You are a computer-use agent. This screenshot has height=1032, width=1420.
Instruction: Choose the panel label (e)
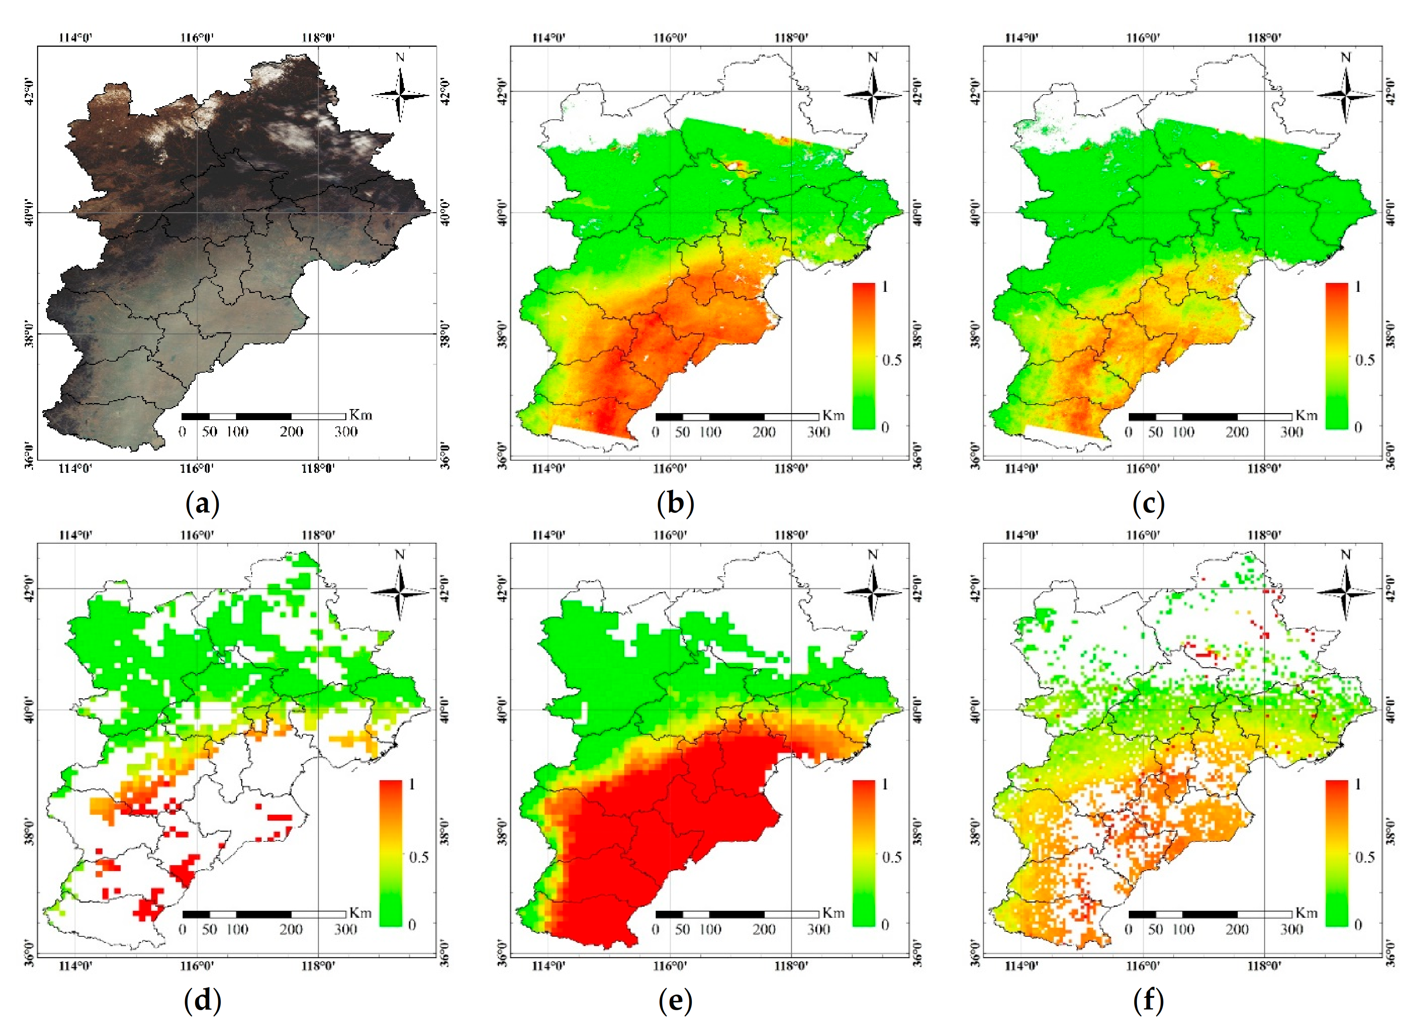[676, 1001]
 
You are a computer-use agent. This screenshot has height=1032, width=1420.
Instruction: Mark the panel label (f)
[1148, 1001]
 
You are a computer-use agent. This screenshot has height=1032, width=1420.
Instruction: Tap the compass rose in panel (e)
[874, 592]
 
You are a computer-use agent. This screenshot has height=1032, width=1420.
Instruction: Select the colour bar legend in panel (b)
[864, 356]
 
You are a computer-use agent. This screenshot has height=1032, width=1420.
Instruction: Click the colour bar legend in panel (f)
[1337, 853]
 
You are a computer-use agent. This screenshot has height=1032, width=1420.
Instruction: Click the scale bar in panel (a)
[263, 416]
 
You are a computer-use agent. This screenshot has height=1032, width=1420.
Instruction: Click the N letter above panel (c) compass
[1346, 57]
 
